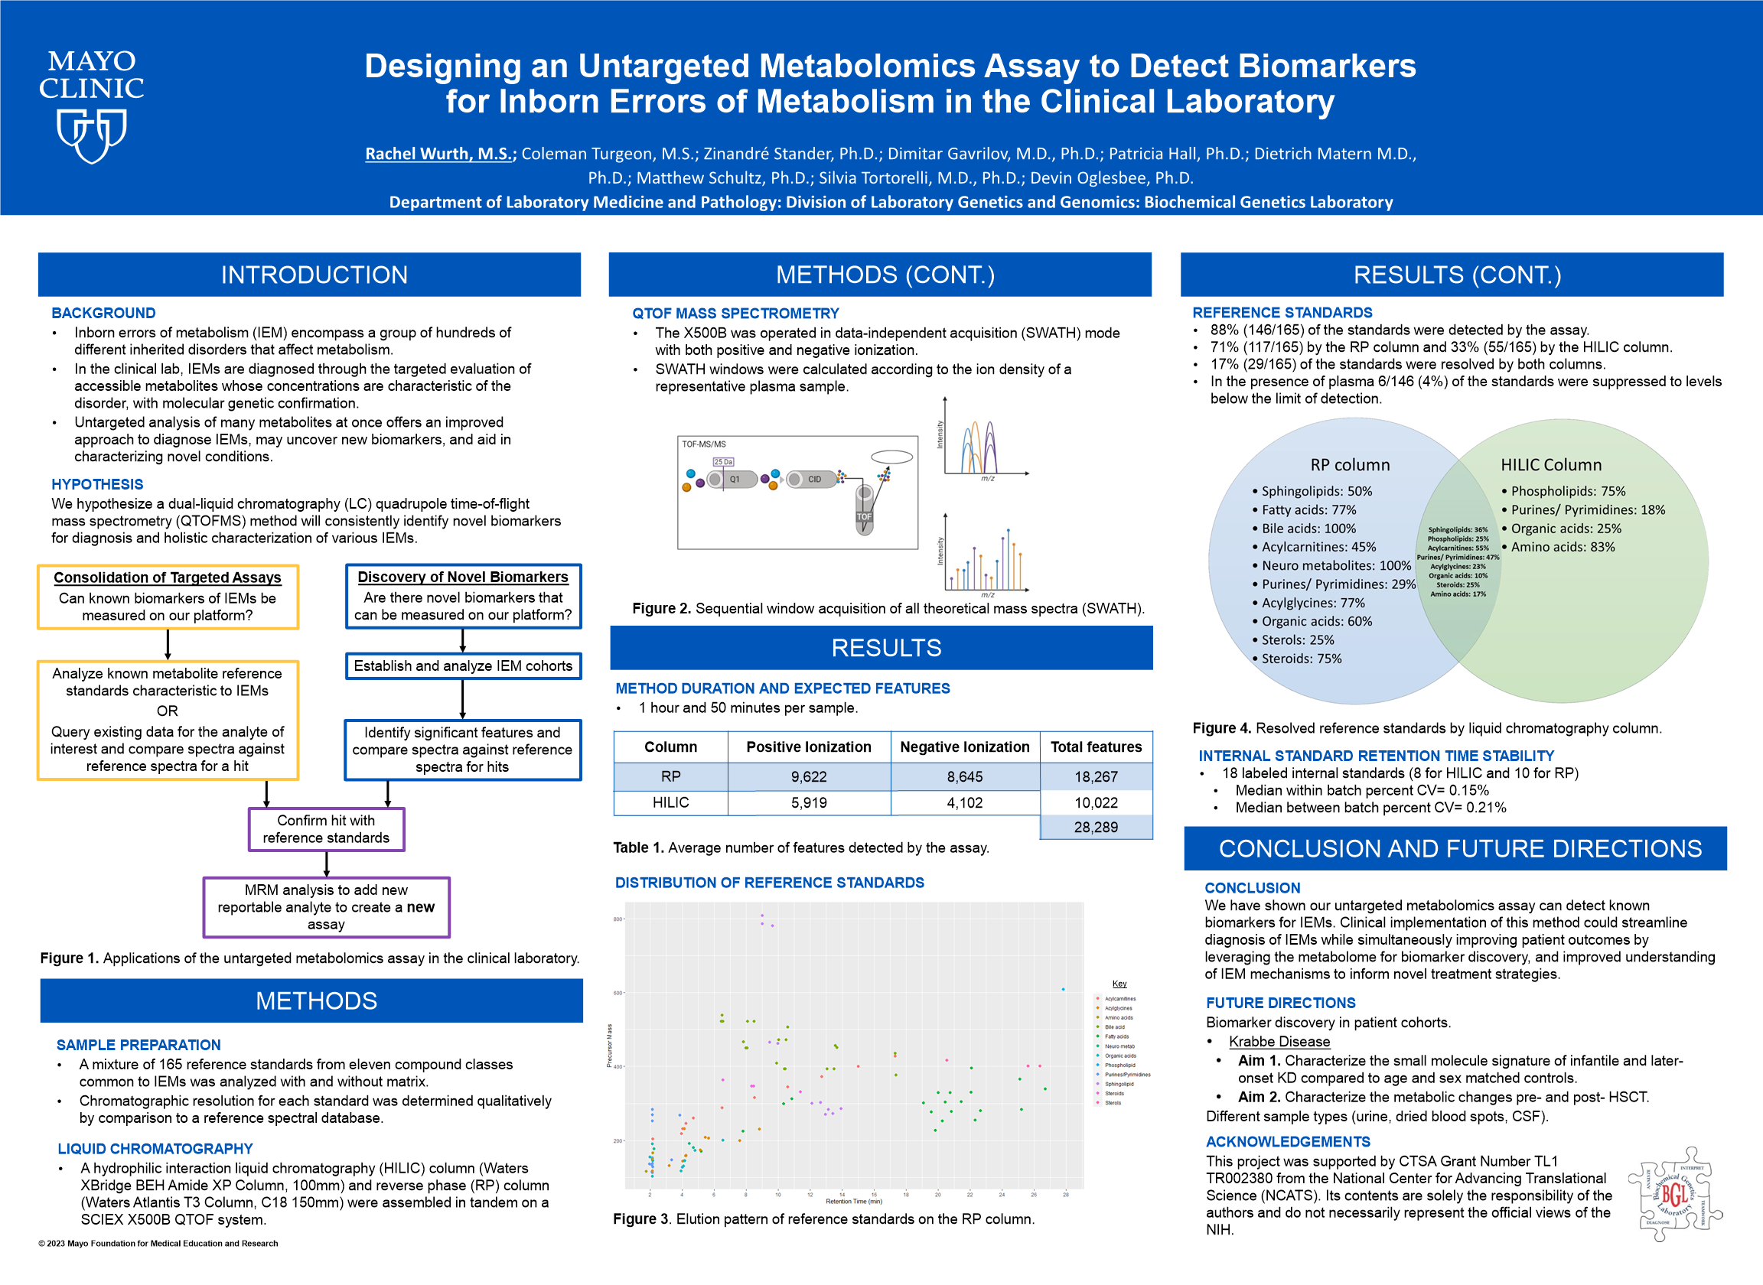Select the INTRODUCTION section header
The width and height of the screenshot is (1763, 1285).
[x=314, y=275]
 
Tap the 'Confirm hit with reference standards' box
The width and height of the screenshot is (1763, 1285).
[x=326, y=829]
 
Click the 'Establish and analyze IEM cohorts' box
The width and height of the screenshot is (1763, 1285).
[x=463, y=666]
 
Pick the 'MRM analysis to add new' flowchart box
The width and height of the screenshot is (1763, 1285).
[x=326, y=907]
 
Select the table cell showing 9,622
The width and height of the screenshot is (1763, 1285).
[x=808, y=776]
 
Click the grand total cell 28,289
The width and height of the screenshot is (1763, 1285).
[x=1096, y=827]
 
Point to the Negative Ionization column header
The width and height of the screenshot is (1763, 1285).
[x=964, y=747]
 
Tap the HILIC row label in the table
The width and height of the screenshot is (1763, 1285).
[x=670, y=802]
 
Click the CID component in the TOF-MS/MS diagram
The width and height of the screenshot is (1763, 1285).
[x=813, y=479]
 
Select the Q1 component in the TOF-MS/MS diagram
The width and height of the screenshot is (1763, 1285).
[x=734, y=479]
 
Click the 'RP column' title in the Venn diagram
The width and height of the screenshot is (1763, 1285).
[x=1350, y=464]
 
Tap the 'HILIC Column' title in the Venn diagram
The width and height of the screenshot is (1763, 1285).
[x=1550, y=464]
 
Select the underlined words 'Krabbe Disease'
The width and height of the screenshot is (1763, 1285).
[x=1279, y=1042]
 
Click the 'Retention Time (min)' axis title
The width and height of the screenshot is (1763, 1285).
[x=853, y=1201]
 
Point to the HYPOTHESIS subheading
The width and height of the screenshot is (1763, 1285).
[x=97, y=484]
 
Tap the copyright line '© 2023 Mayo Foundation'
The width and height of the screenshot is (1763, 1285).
[x=158, y=1243]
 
